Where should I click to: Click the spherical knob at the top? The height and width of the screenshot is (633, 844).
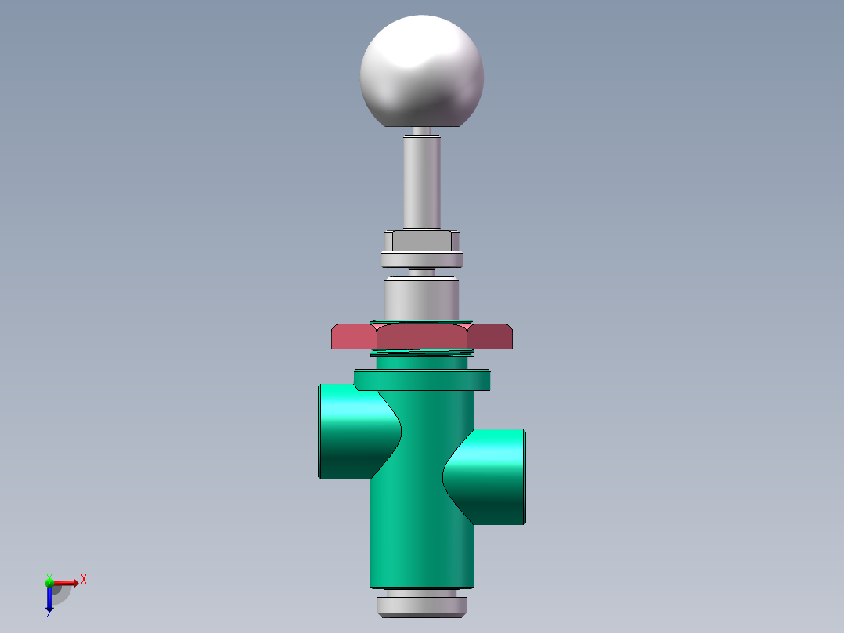coord(421,72)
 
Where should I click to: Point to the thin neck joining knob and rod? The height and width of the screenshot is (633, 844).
coord(421,132)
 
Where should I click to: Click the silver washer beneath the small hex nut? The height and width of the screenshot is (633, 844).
coord(421,259)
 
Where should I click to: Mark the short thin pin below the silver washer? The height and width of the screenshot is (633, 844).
coord(421,273)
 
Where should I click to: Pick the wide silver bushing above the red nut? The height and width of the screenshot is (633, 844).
coord(421,298)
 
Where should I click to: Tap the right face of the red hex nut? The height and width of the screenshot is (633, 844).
coord(489,336)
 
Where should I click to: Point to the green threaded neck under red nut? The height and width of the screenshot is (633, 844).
coord(421,361)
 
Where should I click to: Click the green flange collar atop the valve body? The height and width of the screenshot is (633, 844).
coord(421,380)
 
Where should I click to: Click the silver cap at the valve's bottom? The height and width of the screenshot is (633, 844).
coord(421,605)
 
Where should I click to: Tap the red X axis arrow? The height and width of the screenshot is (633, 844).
coord(67,582)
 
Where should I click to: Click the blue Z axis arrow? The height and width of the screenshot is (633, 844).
coord(49,599)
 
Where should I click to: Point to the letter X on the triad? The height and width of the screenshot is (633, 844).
coord(84,580)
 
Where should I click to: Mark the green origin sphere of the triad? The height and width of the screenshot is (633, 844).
coord(49,582)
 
